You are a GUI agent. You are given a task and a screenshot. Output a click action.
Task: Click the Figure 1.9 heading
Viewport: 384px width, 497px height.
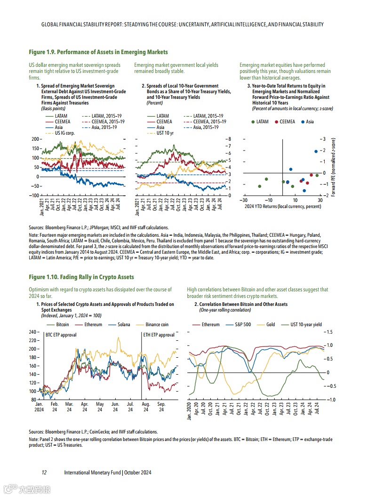98,52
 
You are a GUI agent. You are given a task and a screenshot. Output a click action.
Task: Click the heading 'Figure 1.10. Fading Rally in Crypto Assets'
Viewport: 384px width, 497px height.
81,277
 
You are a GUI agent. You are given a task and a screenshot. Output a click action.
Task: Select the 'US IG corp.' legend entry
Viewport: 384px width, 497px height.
65,133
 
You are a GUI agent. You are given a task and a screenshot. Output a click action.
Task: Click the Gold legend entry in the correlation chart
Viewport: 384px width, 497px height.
271,325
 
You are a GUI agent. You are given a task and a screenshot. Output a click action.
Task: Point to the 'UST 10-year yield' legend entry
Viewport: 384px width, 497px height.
306,325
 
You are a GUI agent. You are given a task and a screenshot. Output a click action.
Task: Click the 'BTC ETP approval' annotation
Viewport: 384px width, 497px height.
61,335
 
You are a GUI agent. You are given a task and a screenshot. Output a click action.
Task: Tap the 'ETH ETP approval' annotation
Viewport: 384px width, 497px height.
159,335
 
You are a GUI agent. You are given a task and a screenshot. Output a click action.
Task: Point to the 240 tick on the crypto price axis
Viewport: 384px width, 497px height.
32,332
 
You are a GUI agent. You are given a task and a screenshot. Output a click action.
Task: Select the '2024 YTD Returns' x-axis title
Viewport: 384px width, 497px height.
283,206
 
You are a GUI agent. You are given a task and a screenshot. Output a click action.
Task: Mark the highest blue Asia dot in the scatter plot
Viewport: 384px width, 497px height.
316,151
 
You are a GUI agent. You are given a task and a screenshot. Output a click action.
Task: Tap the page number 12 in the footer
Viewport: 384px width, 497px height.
44,473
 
